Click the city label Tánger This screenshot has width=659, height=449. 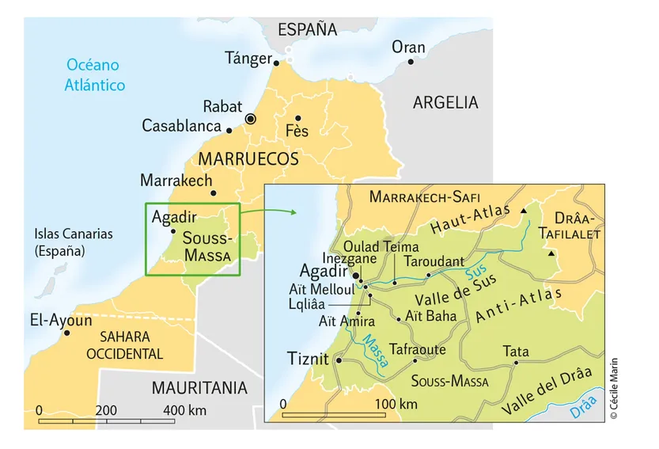point(248,58)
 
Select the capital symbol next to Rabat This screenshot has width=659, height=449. point(251,119)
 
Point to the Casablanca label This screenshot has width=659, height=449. point(181,126)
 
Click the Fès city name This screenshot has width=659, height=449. point(297,131)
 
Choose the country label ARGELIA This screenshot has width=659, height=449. point(445,102)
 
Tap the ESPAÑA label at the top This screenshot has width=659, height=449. point(307,30)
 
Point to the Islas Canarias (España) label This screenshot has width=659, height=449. point(74,242)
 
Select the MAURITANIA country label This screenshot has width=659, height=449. point(199,388)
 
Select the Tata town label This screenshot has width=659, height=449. point(516,350)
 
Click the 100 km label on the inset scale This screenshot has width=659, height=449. point(396,405)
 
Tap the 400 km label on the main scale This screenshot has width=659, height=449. point(184,410)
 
